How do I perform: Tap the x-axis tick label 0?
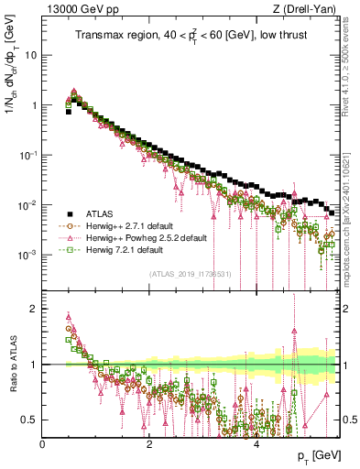[x=43, y=443]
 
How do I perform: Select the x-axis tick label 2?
[x=149, y=443]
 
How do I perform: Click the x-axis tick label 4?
[x=256, y=443]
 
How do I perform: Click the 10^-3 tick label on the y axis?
[x=28, y=255]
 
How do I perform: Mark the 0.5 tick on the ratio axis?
[x=30, y=420]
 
